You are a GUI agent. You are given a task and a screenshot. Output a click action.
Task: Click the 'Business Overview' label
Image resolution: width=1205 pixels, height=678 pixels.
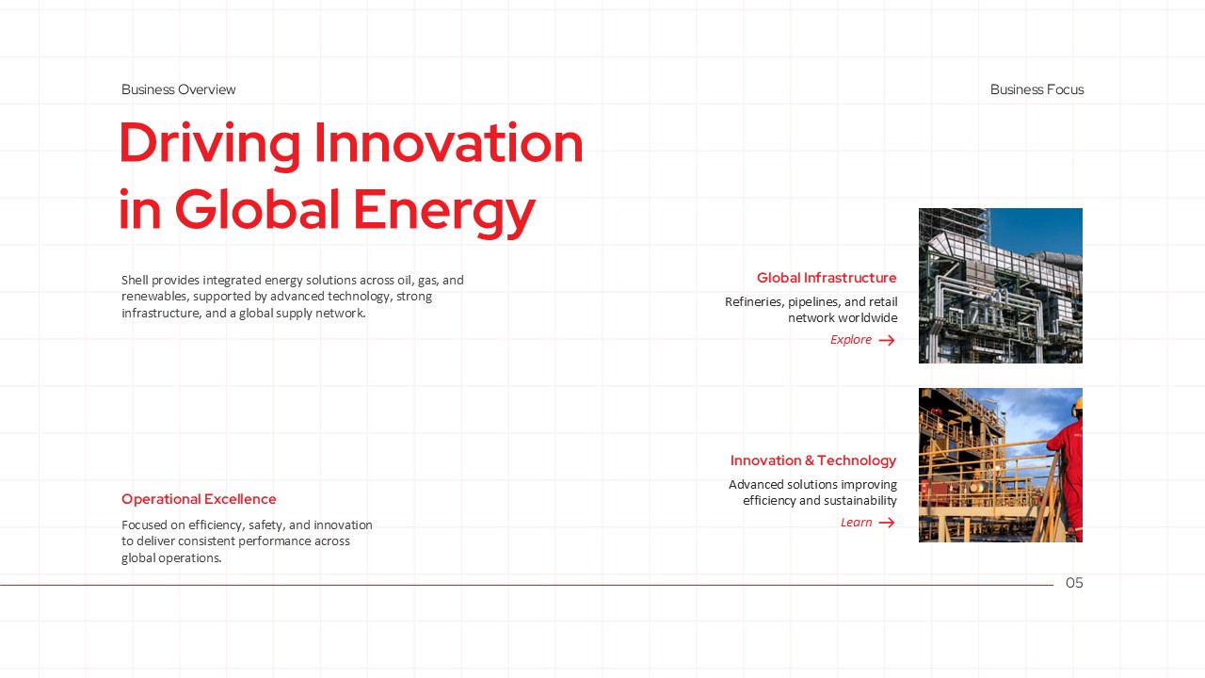[x=178, y=89]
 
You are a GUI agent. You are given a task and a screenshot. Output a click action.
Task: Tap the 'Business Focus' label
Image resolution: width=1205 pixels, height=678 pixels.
[x=1036, y=89]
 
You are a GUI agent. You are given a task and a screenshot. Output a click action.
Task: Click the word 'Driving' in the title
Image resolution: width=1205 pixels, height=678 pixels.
[x=210, y=144]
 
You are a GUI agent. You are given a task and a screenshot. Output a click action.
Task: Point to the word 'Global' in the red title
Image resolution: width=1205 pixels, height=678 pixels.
[x=257, y=209]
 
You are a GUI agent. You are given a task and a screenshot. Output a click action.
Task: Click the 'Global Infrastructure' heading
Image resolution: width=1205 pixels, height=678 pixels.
[x=827, y=278]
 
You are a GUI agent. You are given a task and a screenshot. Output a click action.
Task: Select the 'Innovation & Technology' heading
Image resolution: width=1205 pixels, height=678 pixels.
[x=812, y=460]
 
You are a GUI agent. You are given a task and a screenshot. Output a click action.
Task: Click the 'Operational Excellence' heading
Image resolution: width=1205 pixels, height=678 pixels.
[x=199, y=499]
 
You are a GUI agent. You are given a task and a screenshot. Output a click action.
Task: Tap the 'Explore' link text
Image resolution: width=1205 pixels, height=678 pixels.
[x=850, y=340]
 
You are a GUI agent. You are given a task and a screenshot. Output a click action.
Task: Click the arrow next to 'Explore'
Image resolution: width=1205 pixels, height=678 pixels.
[x=887, y=340]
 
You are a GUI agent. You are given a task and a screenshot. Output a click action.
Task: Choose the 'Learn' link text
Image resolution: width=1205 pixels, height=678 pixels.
[x=856, y=523]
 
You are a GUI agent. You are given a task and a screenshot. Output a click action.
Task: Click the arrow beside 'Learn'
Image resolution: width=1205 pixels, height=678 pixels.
[x=887, y=523]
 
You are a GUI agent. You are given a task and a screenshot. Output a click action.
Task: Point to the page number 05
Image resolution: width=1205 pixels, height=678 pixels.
[x=1074, y=583]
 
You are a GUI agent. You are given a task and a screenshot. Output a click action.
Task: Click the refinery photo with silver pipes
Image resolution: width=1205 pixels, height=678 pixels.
[x=1001, y=285]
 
